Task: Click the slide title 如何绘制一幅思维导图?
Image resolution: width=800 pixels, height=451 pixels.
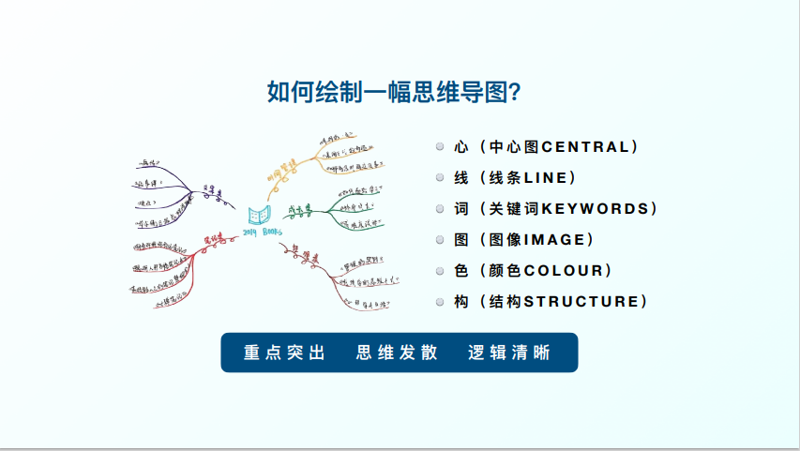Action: pyautogui.click(x=395, y=93)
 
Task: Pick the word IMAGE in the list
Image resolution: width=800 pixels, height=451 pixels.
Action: pyautogui.click(x=553, y=240)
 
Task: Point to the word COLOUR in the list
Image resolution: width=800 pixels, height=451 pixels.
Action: pyautogui.click(x=563, y=271)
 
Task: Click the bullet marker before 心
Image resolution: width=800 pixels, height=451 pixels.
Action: pyautogui.click(x=440, y=147)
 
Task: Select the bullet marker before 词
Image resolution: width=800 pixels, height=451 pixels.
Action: pyautogui.click(x=440, y=209)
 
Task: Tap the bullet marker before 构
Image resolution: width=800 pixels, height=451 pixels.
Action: pyautogui.click(x=440, y=302)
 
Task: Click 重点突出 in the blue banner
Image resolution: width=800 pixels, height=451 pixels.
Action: pyautogui.click(x=284, y=353)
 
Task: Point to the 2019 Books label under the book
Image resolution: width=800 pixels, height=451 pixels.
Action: pyautogui.click(x=262, y=232)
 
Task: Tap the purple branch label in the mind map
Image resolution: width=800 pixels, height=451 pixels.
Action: pyautogui.click(x=214, y=194)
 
